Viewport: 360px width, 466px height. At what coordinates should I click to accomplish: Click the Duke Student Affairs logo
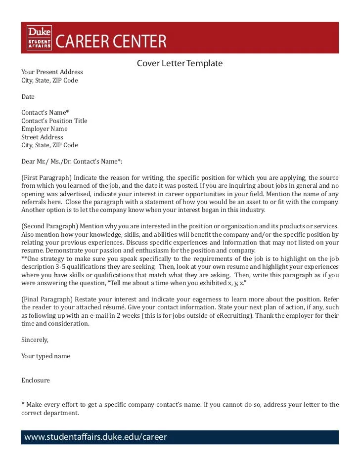tap(39, 38)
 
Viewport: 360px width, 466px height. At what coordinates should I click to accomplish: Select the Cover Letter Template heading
tap(180, 63)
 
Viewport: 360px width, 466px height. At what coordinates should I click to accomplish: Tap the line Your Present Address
tap(52, 72)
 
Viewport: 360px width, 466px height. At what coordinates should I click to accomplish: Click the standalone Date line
tap(28, 96)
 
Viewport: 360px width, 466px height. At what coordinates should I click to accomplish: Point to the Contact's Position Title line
tap(54, 121)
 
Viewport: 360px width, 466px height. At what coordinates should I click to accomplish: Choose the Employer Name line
tap(44, 129)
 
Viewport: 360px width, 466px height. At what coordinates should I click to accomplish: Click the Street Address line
tap(42, 137)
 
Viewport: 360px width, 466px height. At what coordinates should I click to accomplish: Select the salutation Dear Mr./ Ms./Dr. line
tap(71, 162)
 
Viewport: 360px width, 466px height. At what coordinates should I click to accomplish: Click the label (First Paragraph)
tap(46, 178)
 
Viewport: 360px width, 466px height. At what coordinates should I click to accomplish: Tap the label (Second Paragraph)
tap(49, 226)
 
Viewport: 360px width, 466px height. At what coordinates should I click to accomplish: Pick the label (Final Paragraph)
tap(46, 299)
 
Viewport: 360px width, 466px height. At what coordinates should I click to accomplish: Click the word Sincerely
tap(35, 339)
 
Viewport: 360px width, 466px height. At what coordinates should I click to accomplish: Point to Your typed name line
tap(45, 356)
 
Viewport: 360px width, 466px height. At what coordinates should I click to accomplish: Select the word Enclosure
tap(36, 381)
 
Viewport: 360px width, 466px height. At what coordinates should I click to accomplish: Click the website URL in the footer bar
tap(95, 437)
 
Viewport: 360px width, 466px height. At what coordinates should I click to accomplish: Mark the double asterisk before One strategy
tap(24, 258)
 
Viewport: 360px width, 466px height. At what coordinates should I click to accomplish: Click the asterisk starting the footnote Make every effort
tap(23, 404)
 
